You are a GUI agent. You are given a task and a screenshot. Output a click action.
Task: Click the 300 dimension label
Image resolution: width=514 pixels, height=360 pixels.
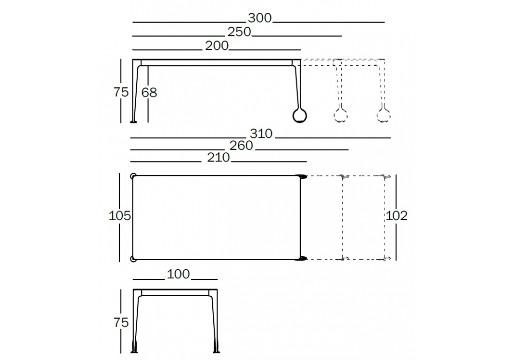[260, 18]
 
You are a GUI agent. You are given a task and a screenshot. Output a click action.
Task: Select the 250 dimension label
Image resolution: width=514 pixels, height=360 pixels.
[240, 32]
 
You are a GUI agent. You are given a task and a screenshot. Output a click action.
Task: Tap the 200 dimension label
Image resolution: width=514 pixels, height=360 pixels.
[217, 46]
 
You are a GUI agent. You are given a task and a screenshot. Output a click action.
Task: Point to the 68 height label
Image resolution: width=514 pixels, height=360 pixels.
[149, 93]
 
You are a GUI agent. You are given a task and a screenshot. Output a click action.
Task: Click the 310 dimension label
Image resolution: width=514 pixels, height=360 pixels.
[261, 134]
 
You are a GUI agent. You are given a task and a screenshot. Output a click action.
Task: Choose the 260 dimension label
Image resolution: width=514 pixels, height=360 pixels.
[241, 146]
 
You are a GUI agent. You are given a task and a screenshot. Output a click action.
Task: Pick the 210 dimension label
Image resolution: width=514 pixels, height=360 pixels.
[218, 157]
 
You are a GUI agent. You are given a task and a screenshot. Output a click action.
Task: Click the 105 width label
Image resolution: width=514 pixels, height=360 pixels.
[120, 215]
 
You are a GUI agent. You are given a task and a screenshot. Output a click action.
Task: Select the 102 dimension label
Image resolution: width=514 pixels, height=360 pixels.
[396, 215]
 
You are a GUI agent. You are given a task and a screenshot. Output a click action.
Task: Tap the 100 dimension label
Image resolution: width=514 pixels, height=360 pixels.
[178, 274]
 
